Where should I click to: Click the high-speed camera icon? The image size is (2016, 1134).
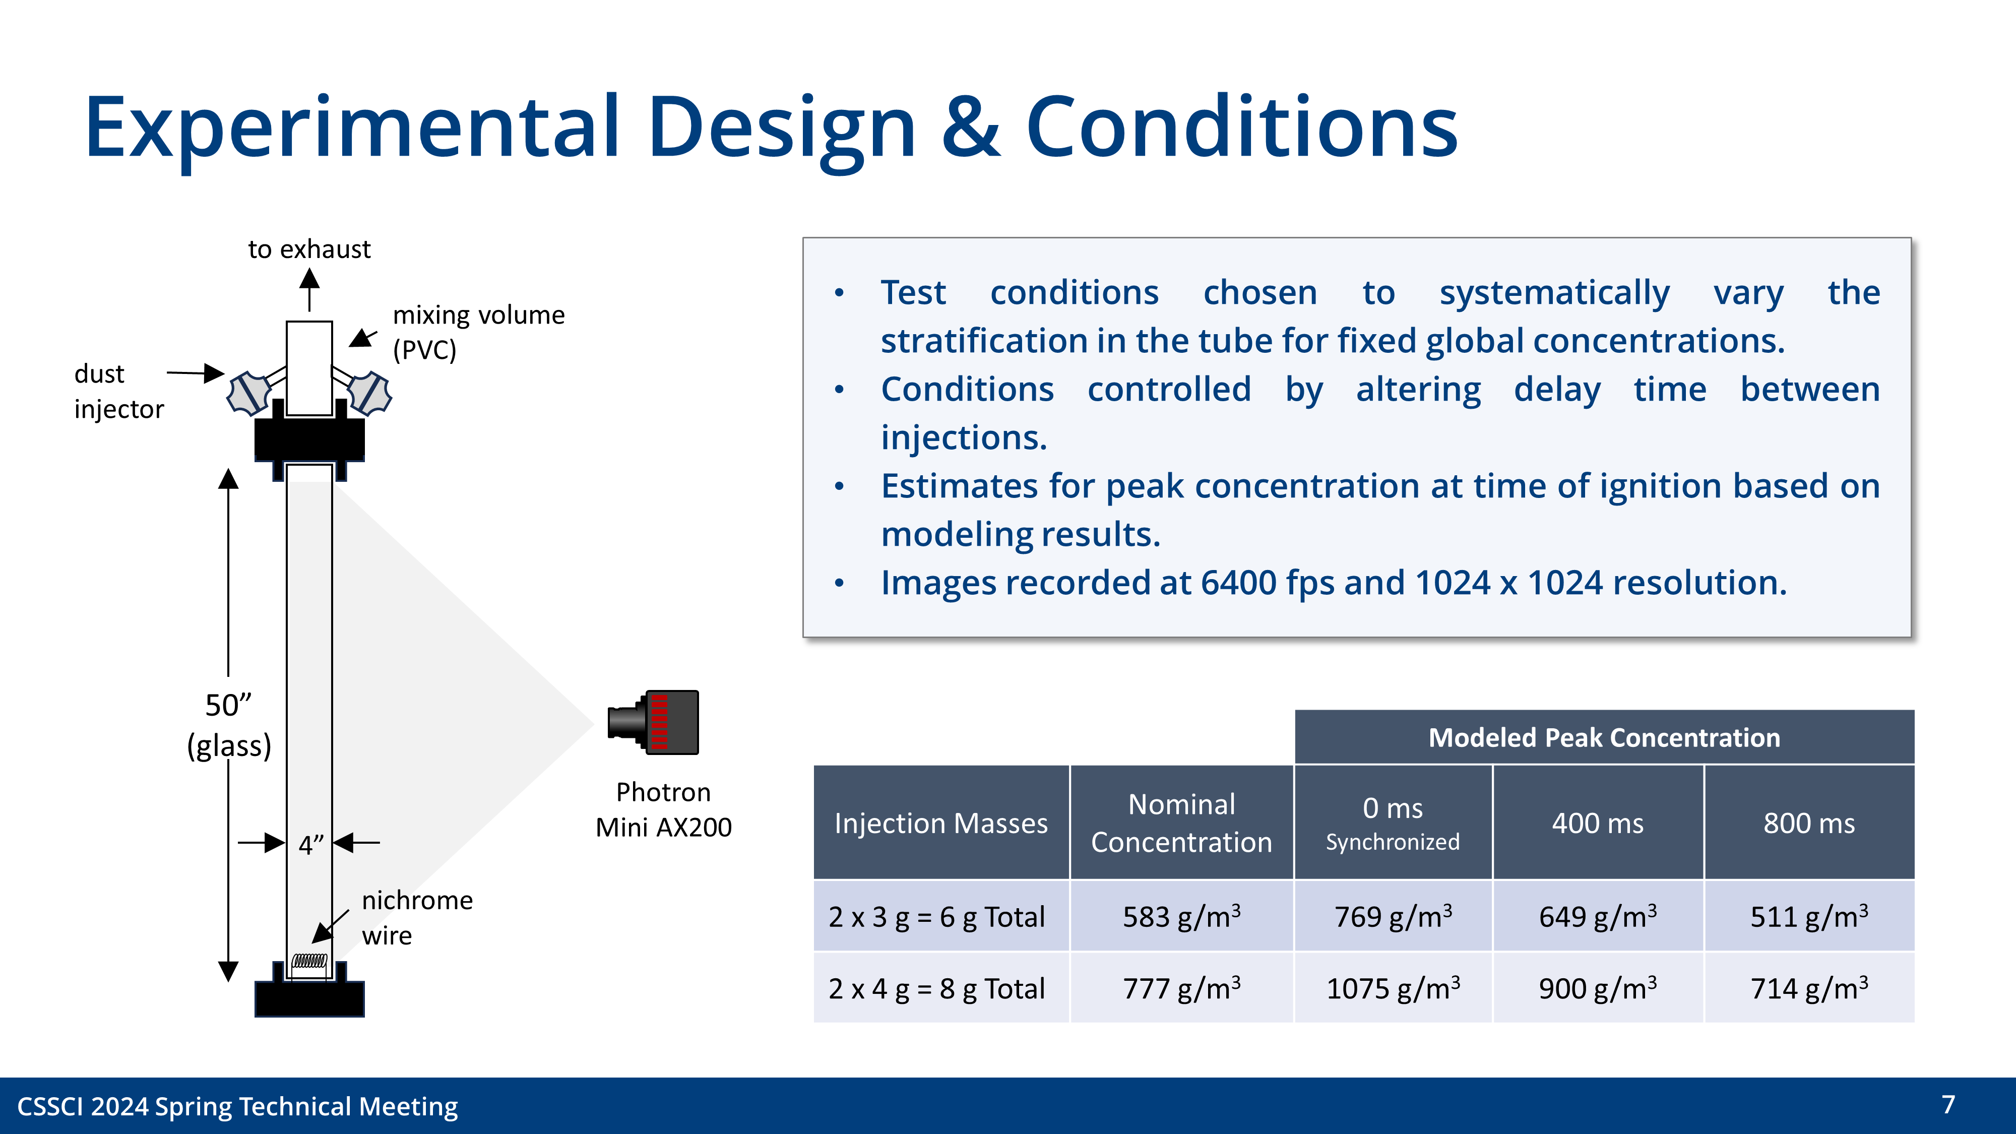[x=654, y=722]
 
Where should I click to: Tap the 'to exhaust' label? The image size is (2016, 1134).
[x=309, y=249]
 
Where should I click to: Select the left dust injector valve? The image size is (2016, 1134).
[x=249, y=393]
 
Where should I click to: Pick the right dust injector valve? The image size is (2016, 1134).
[x=369, y=393]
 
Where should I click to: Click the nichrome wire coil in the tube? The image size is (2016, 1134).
[x=309, y=961]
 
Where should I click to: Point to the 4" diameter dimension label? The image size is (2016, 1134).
[x=310, y=845]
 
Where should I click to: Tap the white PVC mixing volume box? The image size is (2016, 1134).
[x=309, y=368]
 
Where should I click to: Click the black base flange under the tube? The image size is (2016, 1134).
[x=309, y=998]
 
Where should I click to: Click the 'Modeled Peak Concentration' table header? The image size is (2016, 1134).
[x=1604, y=737]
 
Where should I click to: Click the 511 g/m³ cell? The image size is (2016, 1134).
[x=1809, y=916]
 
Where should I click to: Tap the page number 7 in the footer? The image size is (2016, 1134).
[x=1948, y=1104]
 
